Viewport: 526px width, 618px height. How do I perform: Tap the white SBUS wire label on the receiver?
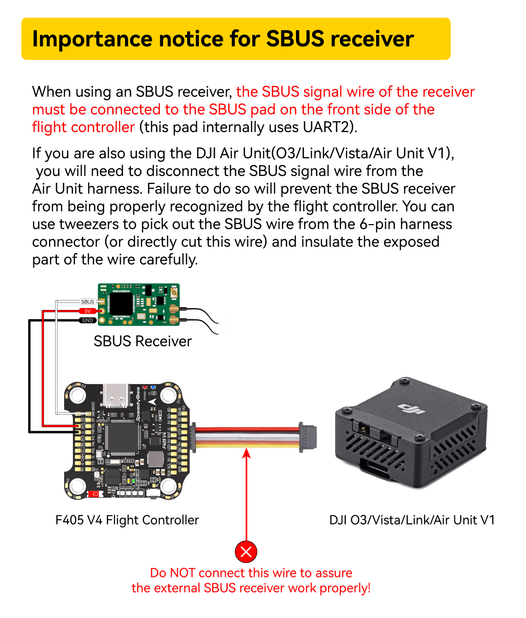tap(88, 301)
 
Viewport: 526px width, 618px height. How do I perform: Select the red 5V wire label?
tap(88, 311)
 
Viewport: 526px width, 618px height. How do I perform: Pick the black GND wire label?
tap(88, 320)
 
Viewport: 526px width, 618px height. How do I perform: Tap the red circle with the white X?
tap(246, 551)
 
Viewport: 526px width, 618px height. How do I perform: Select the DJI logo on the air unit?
tap(411, 409)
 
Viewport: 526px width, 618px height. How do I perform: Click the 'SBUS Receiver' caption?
tap(142, 341)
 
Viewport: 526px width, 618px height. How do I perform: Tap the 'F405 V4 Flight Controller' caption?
tap(127, 520)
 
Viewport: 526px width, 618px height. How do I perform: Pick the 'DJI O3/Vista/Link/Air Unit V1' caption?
tap(412, 520)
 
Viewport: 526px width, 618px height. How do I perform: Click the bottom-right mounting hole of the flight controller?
tap(168, 485)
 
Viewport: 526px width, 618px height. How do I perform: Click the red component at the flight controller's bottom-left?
tap(94, 494)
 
